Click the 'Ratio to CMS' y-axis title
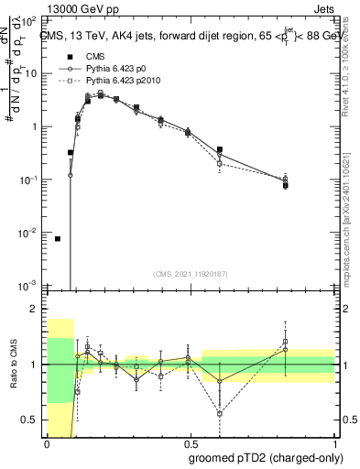click(13, 364)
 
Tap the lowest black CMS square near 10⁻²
click(58, 238)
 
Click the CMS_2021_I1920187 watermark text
click(190, 273)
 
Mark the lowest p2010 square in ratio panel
click(220, 413)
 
